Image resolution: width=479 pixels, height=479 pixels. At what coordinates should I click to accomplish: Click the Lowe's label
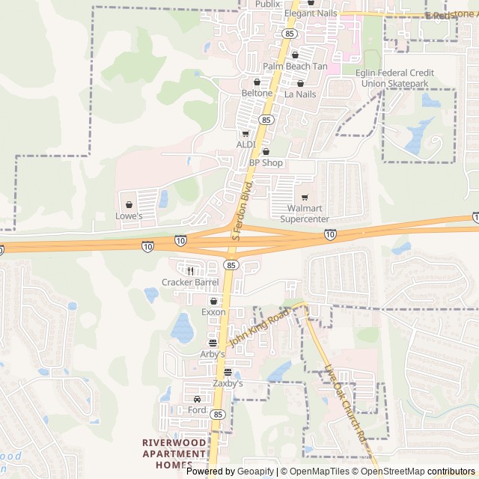129,216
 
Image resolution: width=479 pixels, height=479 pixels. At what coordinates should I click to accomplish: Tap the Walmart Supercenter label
304,214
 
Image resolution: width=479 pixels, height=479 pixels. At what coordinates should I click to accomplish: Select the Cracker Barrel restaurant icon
191,271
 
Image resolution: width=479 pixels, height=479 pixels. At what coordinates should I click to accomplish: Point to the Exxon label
213,311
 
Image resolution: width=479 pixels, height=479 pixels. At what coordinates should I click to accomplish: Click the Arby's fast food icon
213,342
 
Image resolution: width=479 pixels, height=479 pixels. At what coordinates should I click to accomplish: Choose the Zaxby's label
228,382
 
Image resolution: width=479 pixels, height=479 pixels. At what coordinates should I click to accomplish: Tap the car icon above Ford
197,399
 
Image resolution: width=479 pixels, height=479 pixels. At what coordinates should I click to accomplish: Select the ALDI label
246,144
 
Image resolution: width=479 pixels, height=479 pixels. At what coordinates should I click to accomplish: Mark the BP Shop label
266,162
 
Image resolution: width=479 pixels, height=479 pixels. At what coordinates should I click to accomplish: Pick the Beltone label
257,93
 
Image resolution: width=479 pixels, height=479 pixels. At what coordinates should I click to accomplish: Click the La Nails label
300,94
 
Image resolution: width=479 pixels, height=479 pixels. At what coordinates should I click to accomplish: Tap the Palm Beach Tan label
295,66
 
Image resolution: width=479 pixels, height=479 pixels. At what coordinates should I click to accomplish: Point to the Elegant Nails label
311,13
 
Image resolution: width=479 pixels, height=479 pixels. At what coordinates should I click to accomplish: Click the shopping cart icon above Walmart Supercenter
304,198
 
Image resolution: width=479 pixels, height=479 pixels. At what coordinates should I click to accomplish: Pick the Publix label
267,4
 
